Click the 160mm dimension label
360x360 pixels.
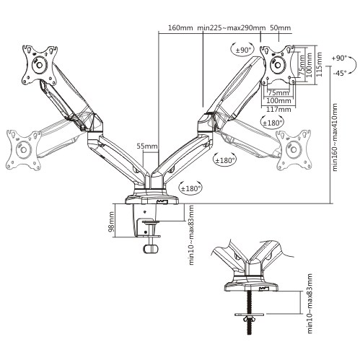[x=180, y=27]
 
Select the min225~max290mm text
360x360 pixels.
[x=232, y=27]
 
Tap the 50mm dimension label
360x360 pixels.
[x=280, y=27]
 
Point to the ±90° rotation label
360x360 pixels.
[x=243, y=50]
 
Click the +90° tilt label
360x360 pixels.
[x=339, y=58]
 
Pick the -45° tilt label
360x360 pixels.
[x=340, y=73]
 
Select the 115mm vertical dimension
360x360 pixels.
[x=319, y=64]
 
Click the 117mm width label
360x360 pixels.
[x=278, y=110]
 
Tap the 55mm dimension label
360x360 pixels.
[x=147, y=146]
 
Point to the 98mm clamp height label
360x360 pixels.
[x=111, y=221]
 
